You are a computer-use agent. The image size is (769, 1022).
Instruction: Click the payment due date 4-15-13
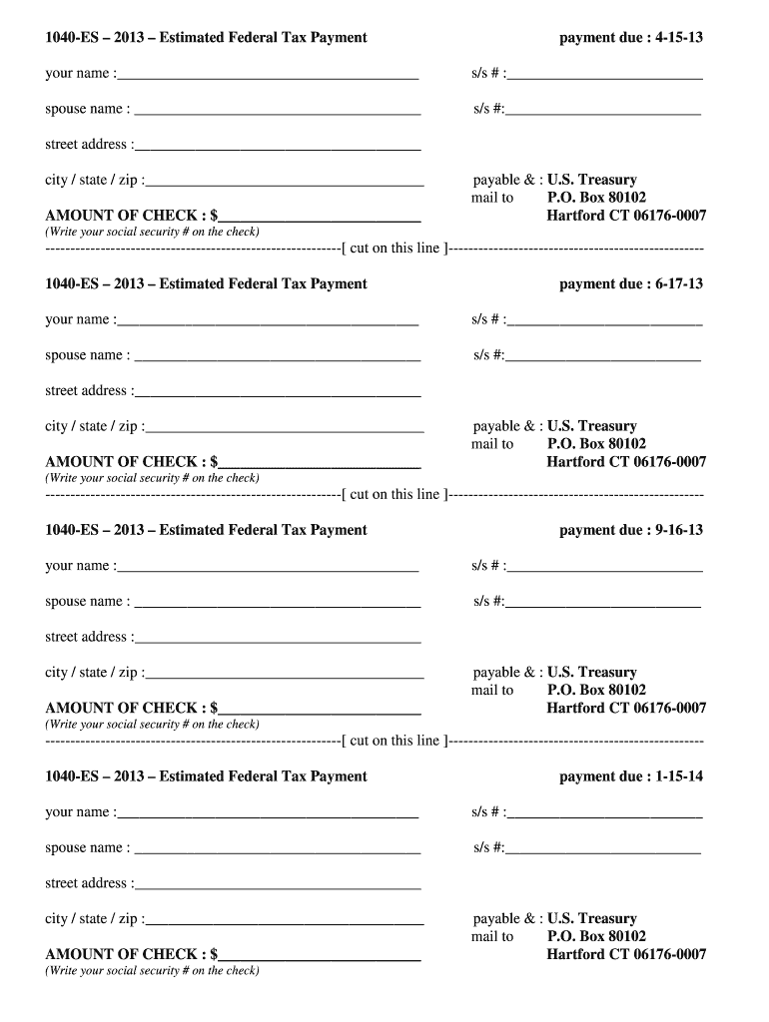click(x=678, y=38)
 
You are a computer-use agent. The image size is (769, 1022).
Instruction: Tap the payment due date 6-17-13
click(x=678, y=284)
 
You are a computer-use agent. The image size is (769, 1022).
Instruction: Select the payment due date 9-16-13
click(x=678, y=530)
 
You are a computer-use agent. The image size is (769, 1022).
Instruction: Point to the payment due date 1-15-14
click(x=678, y=776)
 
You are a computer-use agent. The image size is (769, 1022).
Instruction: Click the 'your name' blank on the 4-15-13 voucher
click(x=267, y=73)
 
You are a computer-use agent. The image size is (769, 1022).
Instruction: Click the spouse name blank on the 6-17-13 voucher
click(x=277, y=355)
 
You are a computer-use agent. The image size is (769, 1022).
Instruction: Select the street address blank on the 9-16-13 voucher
click(x=276, y=637)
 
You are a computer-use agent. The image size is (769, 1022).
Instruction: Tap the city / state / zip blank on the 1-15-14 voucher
click(x=285, y=918)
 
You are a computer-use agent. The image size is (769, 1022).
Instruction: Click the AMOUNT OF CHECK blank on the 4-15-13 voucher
click(x=320, y=215)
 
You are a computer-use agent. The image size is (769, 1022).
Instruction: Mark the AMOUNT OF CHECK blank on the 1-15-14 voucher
click(x=320, y=954)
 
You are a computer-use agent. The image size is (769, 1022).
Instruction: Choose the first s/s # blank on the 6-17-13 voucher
click(x=604, y=319)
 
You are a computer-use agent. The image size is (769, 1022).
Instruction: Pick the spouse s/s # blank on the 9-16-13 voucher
click(x=603, y=601)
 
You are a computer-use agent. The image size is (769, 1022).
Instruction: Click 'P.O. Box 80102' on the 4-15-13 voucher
click(x=596, y=198)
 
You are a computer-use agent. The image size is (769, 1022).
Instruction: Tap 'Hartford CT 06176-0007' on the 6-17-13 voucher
click(x=626, y=462)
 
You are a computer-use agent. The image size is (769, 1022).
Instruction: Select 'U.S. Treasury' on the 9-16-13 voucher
click(x=591, y=673)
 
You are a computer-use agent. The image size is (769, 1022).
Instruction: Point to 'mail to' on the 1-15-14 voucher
click(x=492, y=936)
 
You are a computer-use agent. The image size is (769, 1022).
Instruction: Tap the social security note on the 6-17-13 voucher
click(x=152, y=478)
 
